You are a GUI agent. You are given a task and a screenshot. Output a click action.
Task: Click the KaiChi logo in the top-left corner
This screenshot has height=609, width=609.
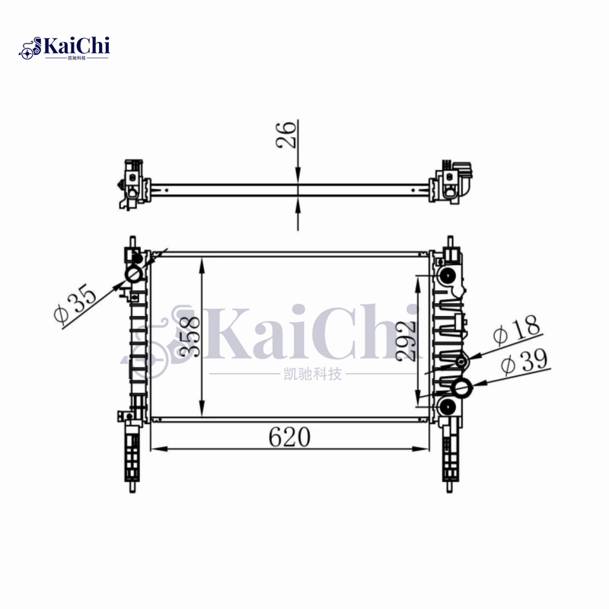pyautogui.click(x=65, y=47)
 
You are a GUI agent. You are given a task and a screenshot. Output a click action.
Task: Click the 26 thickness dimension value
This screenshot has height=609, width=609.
pyautogui.click(x=288, y=136)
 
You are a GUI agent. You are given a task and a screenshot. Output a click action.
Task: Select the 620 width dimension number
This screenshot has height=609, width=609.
pyautogui.click(x=289, y=437)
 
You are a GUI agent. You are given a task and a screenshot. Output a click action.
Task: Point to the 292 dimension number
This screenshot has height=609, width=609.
pyautogui.click(x=407, y=340)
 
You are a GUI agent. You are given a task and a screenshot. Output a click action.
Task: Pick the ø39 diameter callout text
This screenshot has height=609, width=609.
pyautogui.click(x=524, y=361)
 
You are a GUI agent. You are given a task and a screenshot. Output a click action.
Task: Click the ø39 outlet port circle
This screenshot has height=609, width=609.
pyautogui.click(x=463, y=389)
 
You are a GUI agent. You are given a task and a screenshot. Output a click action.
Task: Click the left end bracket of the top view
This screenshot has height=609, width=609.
pyautogui.click(x=131, y=185)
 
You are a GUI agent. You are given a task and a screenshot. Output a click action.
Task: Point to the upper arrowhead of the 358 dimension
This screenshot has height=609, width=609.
pyautogui.click(x=201, y=263)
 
